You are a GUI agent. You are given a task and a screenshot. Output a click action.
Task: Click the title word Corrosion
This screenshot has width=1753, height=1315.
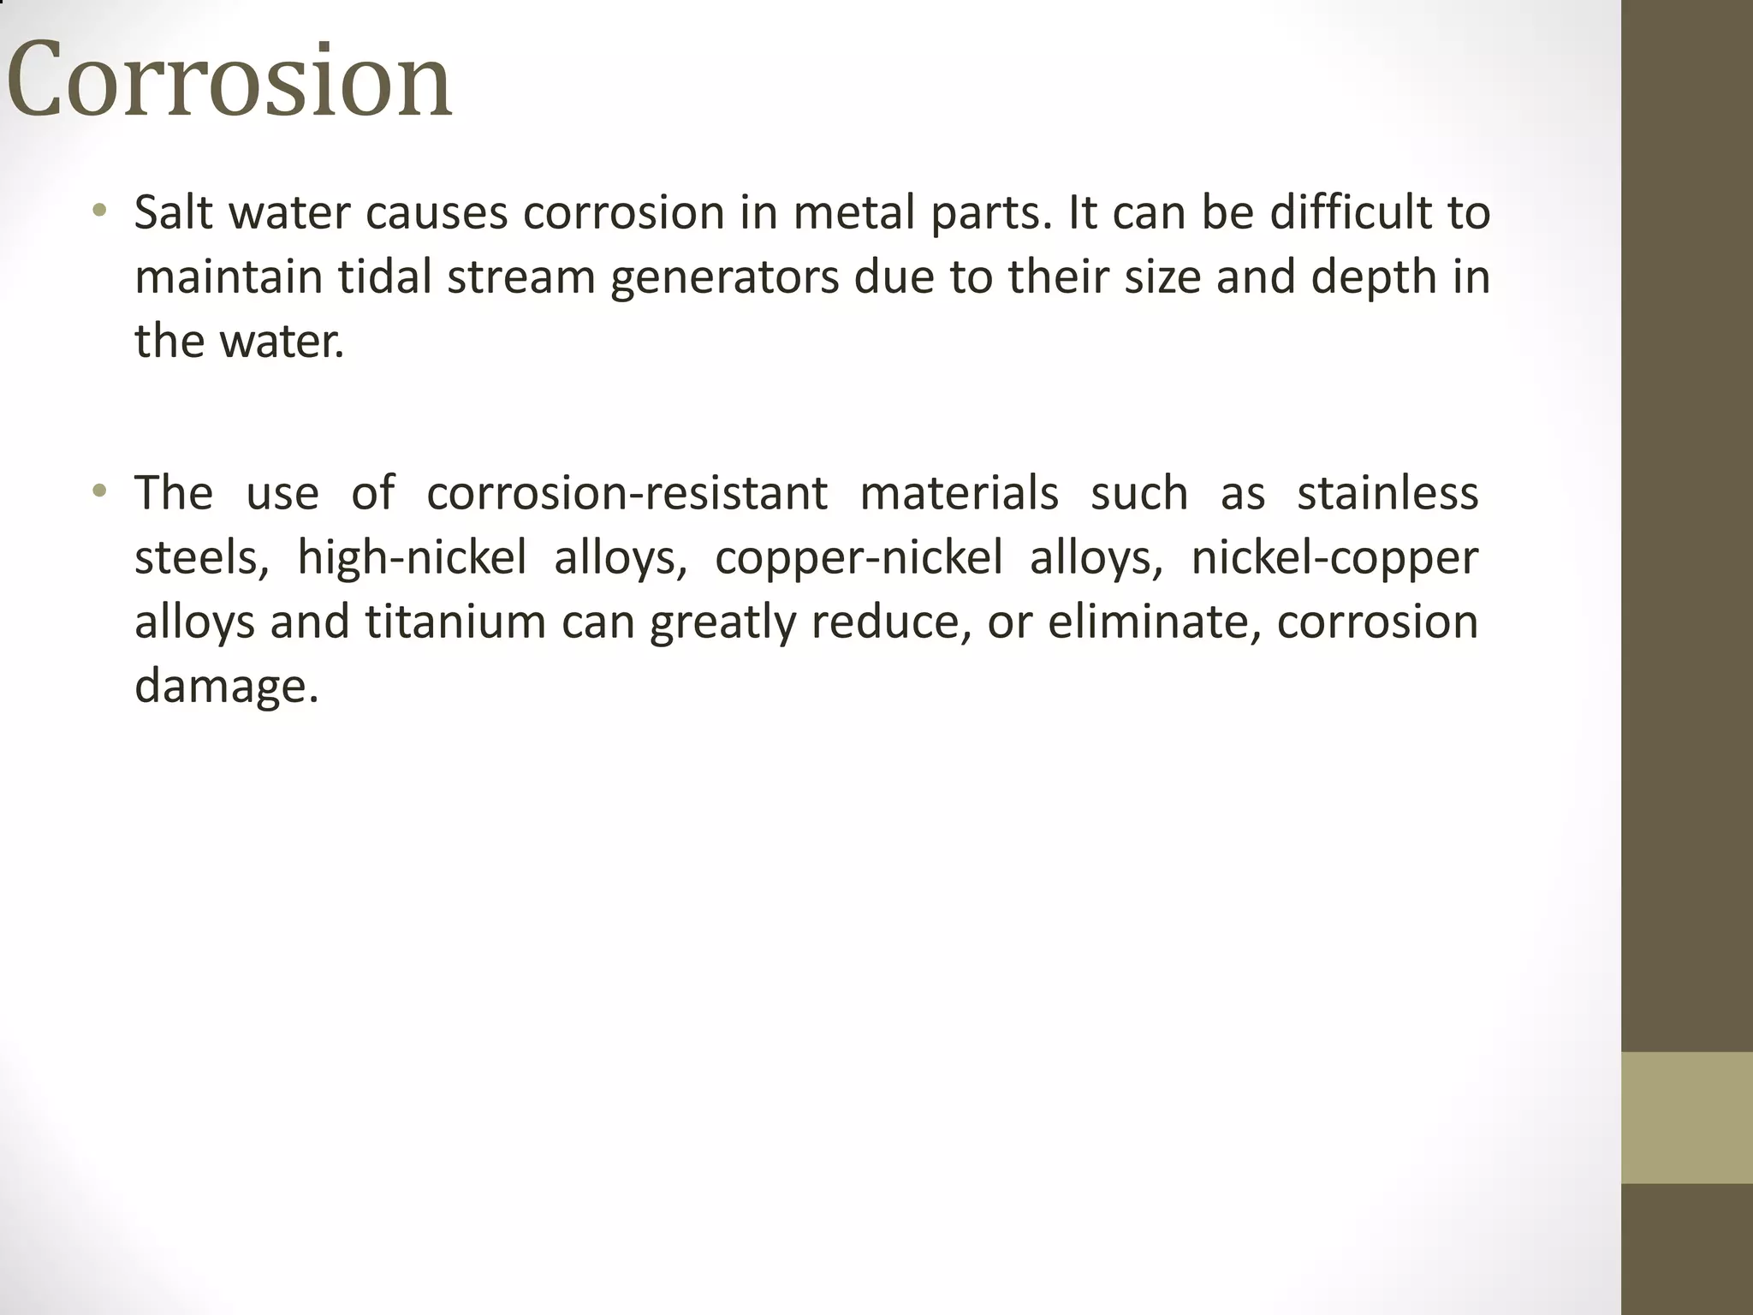pyautogui.click(x=229, y=80)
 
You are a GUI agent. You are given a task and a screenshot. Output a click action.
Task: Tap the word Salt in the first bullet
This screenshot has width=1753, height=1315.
pyautogui.click(x=173, y=212)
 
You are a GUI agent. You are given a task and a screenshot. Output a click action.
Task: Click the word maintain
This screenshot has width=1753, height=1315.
pyautogui.click(x=228, y=277)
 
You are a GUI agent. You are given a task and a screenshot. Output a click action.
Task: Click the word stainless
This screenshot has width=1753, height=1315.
pyautogui.click(x=1388, y=493)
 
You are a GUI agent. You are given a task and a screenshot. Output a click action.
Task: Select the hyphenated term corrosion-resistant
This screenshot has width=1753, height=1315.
pyautogui.click(x=627, y=493)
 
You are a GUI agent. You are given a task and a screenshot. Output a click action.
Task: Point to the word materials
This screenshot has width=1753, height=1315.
pyautogui.click(x=959, y=493)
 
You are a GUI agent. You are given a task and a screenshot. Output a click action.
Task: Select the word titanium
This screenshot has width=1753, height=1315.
pyautogui.click(x=455, y=622)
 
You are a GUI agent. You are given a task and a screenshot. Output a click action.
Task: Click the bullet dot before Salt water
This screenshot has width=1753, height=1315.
pyautogui.click(x=100, y=210)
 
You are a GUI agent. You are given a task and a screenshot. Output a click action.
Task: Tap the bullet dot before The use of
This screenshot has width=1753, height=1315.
pyautogui.click(x=100, y=491)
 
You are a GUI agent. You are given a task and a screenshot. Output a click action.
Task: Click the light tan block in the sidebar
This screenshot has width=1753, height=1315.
pyautogui.click(x=1686, y=1117)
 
